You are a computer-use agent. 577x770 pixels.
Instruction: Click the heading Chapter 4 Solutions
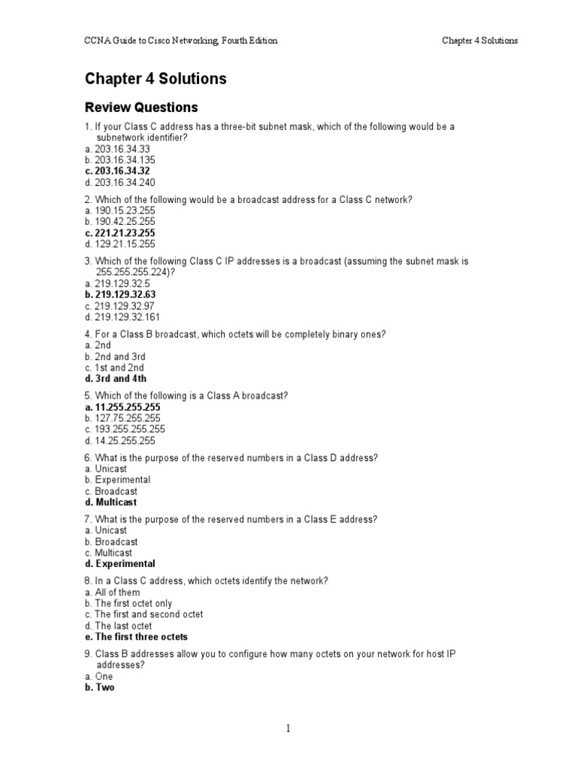tap(156, 79)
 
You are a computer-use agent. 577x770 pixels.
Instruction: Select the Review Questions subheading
tap(141, 108)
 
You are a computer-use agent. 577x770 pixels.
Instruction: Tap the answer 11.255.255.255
tap(122, 407)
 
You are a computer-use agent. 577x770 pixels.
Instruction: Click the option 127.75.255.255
tap(122, 418)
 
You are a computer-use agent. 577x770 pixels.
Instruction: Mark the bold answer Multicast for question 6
tap(111, 502)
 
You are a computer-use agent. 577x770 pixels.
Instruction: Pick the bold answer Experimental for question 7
tap(120, 564)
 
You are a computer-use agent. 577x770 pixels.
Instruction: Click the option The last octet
tap(119, 626)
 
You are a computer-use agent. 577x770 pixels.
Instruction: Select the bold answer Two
tap(100, 687)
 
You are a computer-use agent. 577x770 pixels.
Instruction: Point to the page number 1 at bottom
tap(288, 728)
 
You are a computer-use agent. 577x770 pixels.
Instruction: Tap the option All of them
tap(113, 593)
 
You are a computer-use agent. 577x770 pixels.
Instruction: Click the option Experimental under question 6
tap(118, 480)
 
